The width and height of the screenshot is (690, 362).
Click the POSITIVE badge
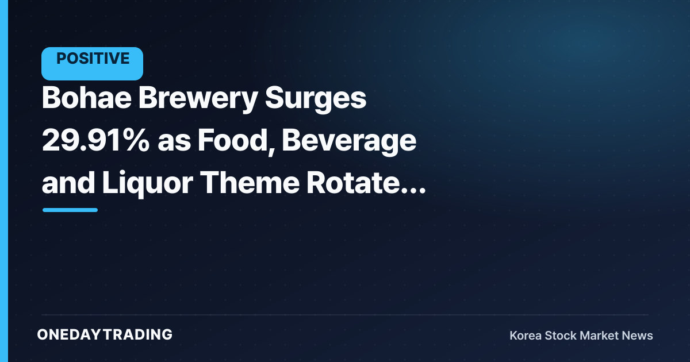coord(92,64)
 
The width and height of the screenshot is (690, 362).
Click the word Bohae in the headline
coord(87,98)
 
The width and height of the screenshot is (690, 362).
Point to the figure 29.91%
coord(96,140)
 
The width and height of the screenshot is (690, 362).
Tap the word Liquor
coord(148,184)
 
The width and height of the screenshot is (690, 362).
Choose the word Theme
coord(250,183)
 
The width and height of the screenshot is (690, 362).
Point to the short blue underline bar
coord(70,210)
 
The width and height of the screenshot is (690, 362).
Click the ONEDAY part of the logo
coord(69,334)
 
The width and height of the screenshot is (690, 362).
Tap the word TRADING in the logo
coord(138,334)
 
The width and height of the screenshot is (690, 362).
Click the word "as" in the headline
coord(174,144)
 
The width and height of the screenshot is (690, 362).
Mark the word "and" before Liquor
coord(68,183)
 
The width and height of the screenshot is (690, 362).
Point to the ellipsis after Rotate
coord(413,191)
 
